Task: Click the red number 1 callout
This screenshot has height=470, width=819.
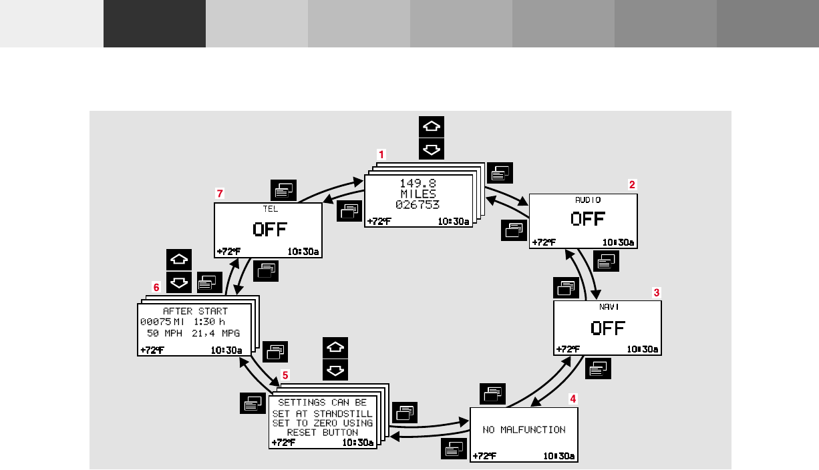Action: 381,154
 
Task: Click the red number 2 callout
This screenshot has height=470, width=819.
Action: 632,184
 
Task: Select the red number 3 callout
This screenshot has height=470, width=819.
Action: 657,292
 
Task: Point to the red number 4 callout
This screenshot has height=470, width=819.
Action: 572,398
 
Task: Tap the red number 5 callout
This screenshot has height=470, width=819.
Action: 286,375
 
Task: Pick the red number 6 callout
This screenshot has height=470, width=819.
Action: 156,287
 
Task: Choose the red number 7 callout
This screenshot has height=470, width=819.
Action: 219,193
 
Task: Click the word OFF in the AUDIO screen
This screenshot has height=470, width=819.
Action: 588,219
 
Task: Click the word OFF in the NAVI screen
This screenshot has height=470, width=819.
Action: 608,328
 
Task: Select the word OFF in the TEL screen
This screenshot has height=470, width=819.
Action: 269,230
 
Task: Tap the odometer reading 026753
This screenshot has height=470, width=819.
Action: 418,204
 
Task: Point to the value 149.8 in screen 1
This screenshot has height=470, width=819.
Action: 418,183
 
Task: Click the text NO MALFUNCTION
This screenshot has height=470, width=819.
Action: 524,430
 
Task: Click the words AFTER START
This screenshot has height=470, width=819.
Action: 195,311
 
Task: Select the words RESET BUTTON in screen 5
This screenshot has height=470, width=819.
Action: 322,432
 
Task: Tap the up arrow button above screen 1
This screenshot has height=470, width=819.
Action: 432,127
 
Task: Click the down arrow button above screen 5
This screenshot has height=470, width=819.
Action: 335,369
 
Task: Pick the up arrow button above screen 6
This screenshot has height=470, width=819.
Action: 178,260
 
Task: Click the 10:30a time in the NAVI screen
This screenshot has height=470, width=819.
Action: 643,349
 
